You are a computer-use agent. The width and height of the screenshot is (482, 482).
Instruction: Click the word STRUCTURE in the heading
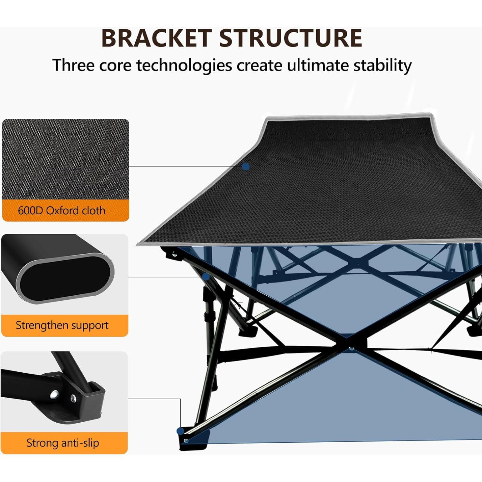[x=291, y=38]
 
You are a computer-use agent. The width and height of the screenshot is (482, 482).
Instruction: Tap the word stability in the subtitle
[x=382, y=65]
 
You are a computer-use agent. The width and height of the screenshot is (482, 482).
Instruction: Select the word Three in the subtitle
[x=73, y=65]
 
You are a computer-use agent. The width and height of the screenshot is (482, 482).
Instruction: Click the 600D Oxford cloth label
[x=62, y=211]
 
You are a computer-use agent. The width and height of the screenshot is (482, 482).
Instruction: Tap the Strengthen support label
[x=62, y=325]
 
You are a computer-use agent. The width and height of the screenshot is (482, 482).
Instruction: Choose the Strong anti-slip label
[x=63, y=443]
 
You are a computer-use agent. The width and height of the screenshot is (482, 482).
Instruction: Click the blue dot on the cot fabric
[x=246, y=166]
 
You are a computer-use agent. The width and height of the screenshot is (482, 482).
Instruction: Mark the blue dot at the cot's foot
[x=181, y=431]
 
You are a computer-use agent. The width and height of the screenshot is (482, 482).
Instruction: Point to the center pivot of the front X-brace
[x=352, y=348]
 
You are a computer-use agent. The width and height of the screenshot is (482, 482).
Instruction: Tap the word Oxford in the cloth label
[x=59, y=211]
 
